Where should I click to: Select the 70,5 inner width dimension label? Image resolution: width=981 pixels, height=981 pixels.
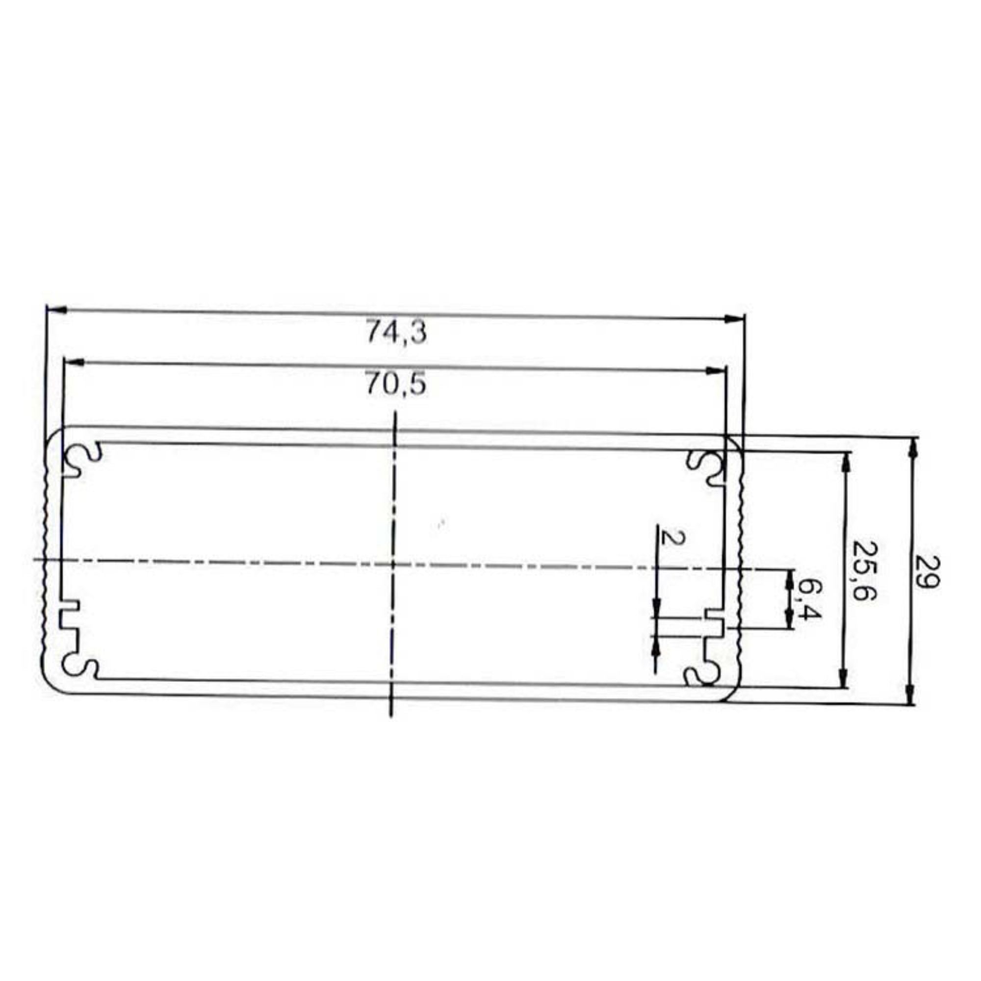(395, 386)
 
